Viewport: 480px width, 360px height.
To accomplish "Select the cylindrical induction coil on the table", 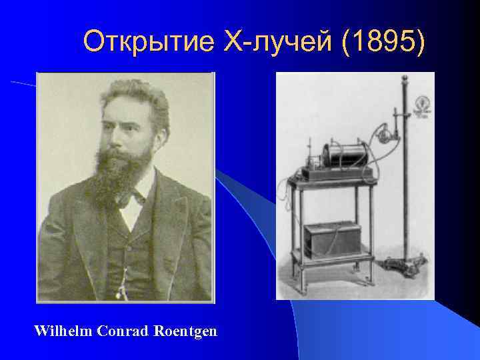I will [340, 157].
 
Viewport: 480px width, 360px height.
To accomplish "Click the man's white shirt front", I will [132, 217].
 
